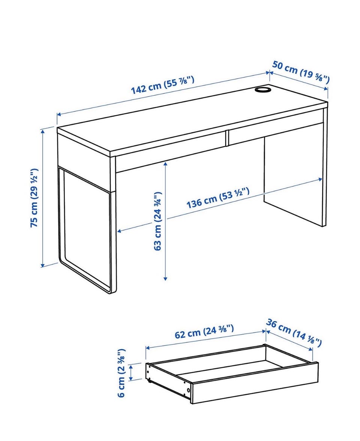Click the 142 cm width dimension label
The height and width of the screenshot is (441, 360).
coord(163,85)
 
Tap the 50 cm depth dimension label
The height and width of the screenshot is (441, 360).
coord(301,72)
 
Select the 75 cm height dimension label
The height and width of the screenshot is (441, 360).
coord(34,198)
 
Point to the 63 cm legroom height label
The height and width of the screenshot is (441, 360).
coord(158,221)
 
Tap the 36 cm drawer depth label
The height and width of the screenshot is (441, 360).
coord(294,332)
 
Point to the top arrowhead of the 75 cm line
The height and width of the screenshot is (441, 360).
coord(43,130)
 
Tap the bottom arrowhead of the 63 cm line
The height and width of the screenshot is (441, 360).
coord(165,278)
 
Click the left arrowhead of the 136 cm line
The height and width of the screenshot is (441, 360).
coord(119,231)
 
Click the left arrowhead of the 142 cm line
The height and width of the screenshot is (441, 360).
coord(59,114)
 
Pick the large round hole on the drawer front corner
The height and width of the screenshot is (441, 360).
coord(188,390)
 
